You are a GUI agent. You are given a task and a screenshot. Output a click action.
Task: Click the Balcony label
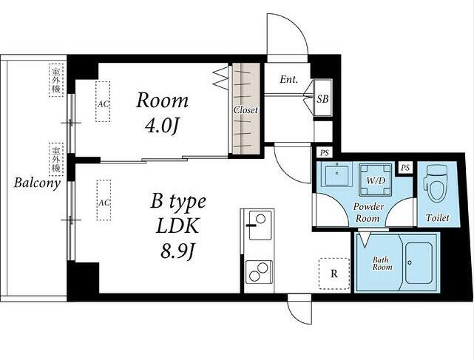37,183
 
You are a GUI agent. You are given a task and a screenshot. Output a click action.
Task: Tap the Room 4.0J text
163,113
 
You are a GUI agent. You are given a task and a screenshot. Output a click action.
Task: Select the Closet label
246,110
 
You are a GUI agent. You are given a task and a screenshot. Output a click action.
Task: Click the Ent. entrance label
288,80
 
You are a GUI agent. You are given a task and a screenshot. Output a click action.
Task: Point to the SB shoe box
322,98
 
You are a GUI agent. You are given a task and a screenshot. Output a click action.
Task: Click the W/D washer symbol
376,180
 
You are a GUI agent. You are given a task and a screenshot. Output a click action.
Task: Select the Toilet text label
438,217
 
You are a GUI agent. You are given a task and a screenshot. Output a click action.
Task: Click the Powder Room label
368,212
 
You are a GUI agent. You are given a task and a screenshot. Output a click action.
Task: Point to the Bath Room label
382,263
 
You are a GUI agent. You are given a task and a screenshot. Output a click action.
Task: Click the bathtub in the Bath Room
419,262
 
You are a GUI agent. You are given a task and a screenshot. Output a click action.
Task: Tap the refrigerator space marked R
334,274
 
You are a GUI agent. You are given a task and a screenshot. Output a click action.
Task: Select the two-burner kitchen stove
259,272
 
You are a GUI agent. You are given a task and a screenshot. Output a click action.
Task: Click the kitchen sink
260,225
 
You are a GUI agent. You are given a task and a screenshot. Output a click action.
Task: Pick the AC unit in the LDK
104,200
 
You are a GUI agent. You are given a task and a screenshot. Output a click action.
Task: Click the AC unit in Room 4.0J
103,101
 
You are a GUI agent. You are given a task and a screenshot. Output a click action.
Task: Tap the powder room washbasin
336,174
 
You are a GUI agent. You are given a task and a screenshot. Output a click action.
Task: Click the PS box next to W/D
405,167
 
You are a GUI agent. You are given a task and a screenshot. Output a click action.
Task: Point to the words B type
178,202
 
